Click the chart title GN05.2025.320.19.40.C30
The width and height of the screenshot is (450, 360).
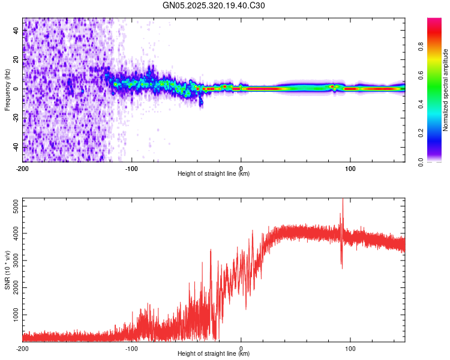click(x=214, y=5)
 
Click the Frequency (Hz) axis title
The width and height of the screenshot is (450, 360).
click(x=7, y=89)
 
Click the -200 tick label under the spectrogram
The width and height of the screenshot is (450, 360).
click(x=22, y=168)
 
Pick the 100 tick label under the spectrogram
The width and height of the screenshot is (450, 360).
click(x=350, y=168)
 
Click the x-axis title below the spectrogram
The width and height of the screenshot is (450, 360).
click(x=214, y=174)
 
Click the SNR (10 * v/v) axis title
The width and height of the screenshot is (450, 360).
click(x=7, y=269)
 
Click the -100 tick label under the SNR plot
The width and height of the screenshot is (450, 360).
click(x=131, y=349)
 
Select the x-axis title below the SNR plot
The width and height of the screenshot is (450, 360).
click(x=214, y=354)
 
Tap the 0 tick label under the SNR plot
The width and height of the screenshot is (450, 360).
click(x=241, y=349)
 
